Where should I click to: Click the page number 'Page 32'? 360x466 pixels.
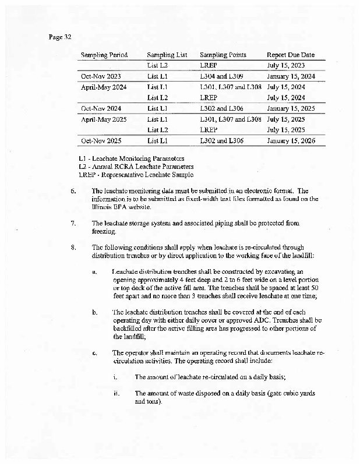(60, 37)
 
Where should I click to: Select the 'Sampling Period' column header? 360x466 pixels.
(104, 55)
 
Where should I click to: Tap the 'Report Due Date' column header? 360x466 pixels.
(290, 55)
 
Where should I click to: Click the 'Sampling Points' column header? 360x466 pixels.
(223, 55)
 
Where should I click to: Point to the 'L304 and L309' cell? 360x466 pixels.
(221, 76)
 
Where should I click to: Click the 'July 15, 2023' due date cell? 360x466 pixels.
(285, 66)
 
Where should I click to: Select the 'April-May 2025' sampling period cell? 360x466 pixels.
(104, 119)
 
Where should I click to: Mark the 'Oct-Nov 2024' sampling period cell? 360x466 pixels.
(101, 108)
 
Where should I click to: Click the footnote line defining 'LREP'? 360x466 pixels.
(136, 175)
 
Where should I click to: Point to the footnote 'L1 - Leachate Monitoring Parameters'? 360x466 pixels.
(132, 158)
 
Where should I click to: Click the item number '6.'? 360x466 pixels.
(73, 191)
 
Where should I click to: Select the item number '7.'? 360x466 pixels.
(73, 223)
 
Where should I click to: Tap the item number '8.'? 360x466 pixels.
(73, 247)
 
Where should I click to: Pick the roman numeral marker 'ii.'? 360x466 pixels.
(117, 393)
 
